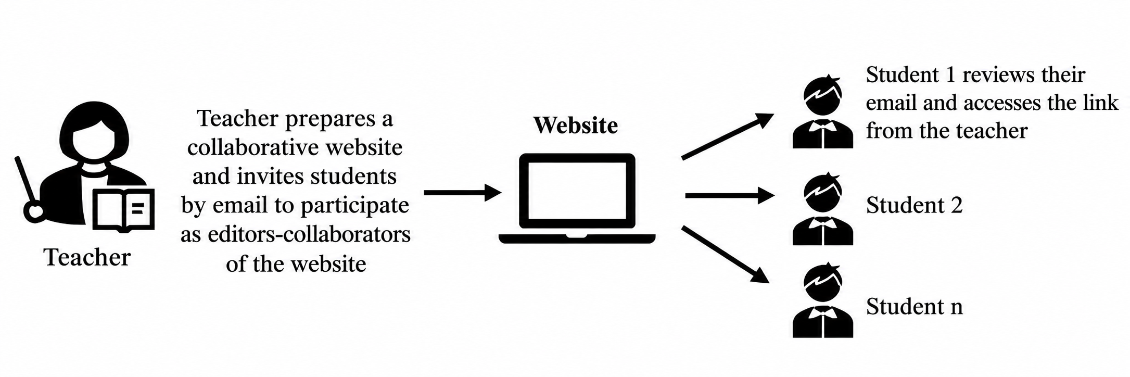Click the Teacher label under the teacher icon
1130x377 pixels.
87,257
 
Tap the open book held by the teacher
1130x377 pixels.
123,210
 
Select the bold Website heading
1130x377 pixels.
576,125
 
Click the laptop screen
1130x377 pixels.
577,191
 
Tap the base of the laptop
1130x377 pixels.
577,238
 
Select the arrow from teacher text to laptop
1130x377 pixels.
463,192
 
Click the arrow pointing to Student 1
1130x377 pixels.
728,136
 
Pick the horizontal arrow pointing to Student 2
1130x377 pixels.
730,195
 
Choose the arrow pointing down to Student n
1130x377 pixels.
726,255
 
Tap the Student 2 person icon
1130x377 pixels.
822,209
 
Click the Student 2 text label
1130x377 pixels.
914,205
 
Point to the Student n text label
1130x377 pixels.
914,306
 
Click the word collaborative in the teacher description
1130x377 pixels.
253,147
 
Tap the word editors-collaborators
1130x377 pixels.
309,235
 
